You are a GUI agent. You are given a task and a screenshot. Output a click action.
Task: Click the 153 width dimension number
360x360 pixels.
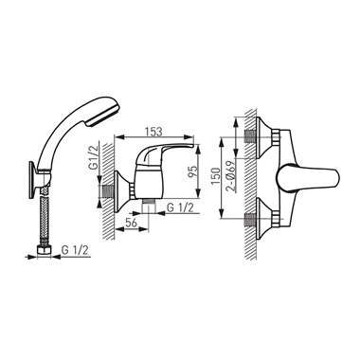pos(153,132)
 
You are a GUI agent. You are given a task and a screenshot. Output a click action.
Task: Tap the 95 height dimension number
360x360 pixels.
pos(193,171)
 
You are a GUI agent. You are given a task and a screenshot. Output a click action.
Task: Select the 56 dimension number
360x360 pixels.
pos(131,223)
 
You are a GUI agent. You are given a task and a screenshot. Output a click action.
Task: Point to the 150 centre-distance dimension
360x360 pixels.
pos(216,176)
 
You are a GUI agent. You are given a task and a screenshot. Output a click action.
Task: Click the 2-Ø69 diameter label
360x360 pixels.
pos(232,175)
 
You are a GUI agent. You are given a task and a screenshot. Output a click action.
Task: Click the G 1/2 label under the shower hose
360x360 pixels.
pos(75,250)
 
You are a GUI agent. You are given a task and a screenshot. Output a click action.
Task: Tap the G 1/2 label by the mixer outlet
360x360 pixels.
pos(180,207)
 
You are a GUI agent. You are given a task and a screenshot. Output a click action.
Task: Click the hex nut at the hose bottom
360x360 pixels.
pos(45,251)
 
